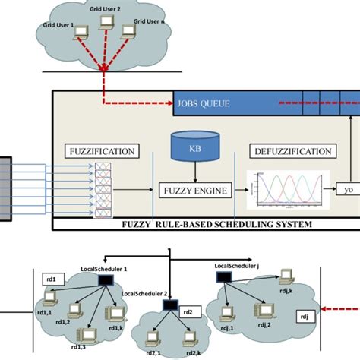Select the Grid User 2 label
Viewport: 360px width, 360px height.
tap(105, 12)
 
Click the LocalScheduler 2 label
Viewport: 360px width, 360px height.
tap(145, 293)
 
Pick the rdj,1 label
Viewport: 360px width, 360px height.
tap(226, 328)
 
